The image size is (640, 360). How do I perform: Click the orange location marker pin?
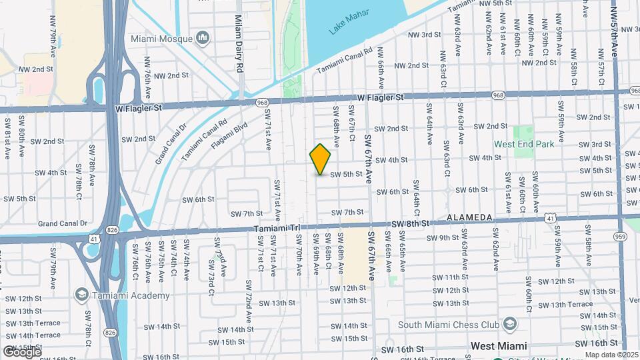[321, 160]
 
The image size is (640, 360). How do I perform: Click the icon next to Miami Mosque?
[203, 39]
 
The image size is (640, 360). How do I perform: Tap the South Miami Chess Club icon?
[510, 325]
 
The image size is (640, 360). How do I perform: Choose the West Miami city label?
[499, 346]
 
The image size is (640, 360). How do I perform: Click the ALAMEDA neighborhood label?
[469, 218]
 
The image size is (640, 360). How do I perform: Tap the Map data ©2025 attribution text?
[611, 355]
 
